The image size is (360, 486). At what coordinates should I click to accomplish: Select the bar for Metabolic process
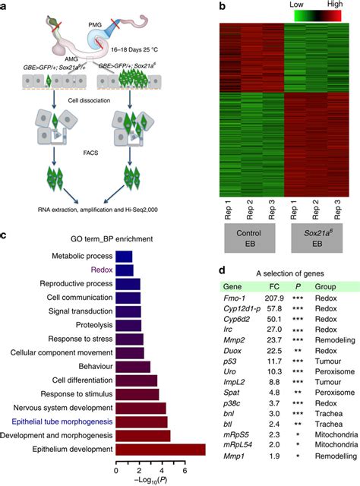[x=124, y=257]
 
